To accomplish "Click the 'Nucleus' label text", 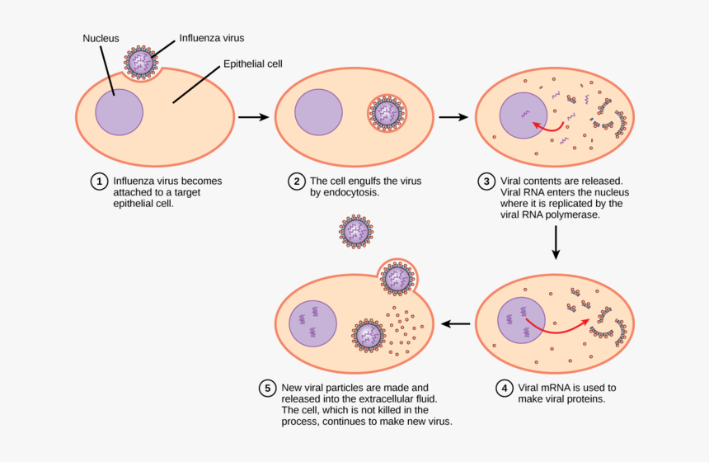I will click(x=101, y=38).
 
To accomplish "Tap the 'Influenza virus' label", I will click(x=212, y=38).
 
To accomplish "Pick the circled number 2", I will click(x=296, y=181).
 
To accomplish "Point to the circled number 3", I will click(x=486, y=181).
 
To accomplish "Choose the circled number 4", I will click(x=504, y=387).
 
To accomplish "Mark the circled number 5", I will click(x=267, y=387).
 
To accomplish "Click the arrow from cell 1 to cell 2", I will click(x=253, y=117).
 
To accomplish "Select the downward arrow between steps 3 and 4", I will click(x=556, y=241).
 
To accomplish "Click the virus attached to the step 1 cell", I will click(x=141, y=63).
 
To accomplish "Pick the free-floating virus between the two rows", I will click(x=356, y=232).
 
